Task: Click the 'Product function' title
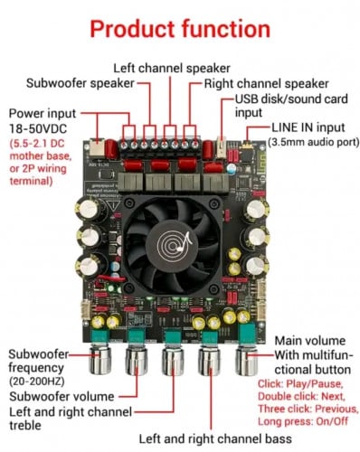tap(180, 29)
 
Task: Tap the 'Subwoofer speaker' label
tap(81, 83)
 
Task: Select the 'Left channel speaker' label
tap(172, 69)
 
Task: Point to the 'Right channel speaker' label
tap(267, 83)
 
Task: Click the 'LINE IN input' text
tap(308, 127)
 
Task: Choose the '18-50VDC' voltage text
tap(38, 129)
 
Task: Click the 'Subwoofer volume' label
tap(62, 396)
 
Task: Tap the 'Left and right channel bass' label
tap(215, 438)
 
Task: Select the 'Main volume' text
tap(310, 341)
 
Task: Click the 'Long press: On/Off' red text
tap(303, 421)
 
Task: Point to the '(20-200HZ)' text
tap(37, 381)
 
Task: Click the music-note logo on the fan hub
tap(175, 243)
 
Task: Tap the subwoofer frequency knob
tap(100, 361)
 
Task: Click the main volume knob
tap(246, 361)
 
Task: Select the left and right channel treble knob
tap(173, 361)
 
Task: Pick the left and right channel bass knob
tap(210, 361)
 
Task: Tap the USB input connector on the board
tap(222, 147)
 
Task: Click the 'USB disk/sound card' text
tap(291, 99)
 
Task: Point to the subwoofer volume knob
tap(137, 361)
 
